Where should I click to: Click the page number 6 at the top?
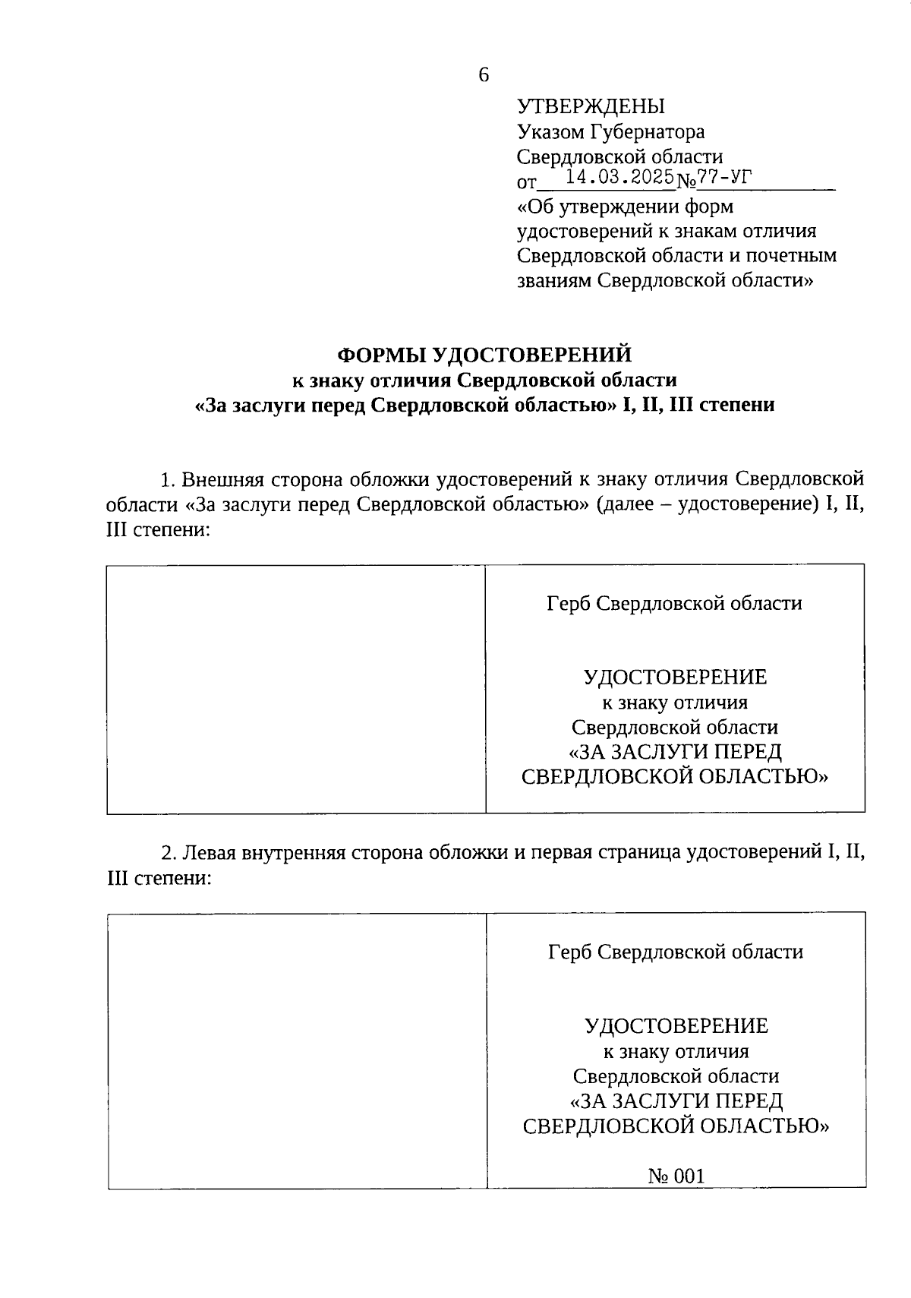click(484, 74)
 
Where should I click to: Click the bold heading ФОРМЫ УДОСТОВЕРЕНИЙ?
click(484, 355)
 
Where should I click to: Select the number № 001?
click(676, 1176)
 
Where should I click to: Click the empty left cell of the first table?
click(296, 689)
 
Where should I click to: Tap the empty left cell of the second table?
click(297, 1050)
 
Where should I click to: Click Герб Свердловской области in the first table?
click(674, 603)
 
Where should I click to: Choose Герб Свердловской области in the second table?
click(676, 952)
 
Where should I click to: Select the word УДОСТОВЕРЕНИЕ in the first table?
click(675, 677)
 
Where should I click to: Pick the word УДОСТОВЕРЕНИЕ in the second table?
click(676, 1026)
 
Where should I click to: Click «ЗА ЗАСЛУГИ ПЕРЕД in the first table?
click(675, 752)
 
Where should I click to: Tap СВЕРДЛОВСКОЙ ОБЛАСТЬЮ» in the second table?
click(676, 1126)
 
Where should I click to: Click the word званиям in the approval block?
click(553, 280)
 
